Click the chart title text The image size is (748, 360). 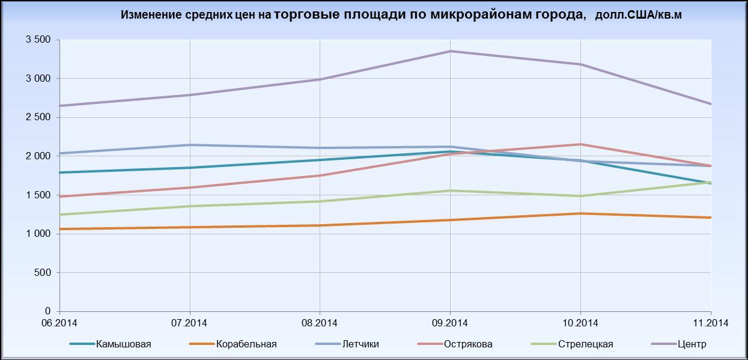tap(401, 15)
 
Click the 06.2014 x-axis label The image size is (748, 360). tap(59, 323)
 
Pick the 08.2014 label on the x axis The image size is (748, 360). tap(320, 323)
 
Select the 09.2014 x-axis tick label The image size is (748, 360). tap(450, 323)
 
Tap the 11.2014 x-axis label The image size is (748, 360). tap(711, 323)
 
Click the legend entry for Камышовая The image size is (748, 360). tap(123, 344)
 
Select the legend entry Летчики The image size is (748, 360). tap(360, 344)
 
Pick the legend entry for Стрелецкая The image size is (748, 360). tap(585, 344)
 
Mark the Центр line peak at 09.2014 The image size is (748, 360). tap(450, 51)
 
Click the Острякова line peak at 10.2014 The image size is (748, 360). tap(580, 144)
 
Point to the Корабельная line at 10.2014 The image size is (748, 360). tap(580, 213)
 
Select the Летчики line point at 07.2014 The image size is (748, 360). tap(189, 145)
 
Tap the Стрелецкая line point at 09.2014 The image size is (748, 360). tap(450, 191)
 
